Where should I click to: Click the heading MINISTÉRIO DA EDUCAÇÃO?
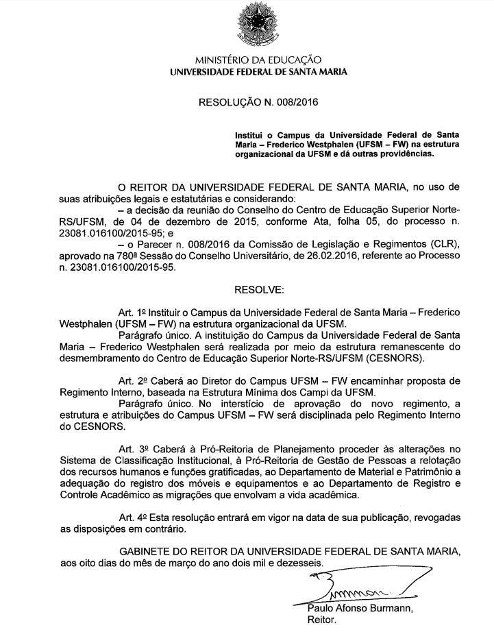(x=258, y=60)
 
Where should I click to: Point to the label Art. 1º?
(x=130, y=312)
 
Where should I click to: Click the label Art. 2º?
(x=130, y=380)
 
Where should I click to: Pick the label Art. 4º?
(x=130, y=517)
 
